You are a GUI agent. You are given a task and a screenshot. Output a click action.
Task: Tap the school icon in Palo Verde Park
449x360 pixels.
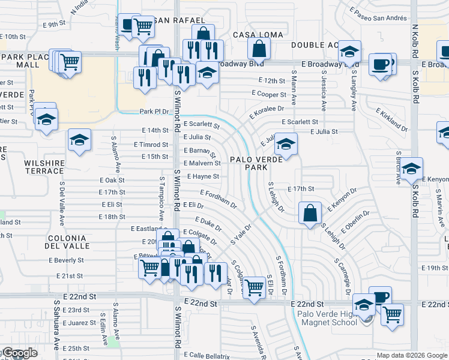286,145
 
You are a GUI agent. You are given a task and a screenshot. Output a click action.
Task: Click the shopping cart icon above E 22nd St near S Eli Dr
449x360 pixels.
255,288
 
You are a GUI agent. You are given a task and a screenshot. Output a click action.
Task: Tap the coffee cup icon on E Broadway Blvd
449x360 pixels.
380,64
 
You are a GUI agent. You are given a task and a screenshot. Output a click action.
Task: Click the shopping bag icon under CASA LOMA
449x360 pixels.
259,49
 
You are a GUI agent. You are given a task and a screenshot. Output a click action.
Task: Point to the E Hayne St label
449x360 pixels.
202,177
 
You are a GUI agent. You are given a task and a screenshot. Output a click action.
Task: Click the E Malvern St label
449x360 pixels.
202,163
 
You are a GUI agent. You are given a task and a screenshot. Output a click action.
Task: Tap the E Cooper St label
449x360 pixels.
268,95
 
